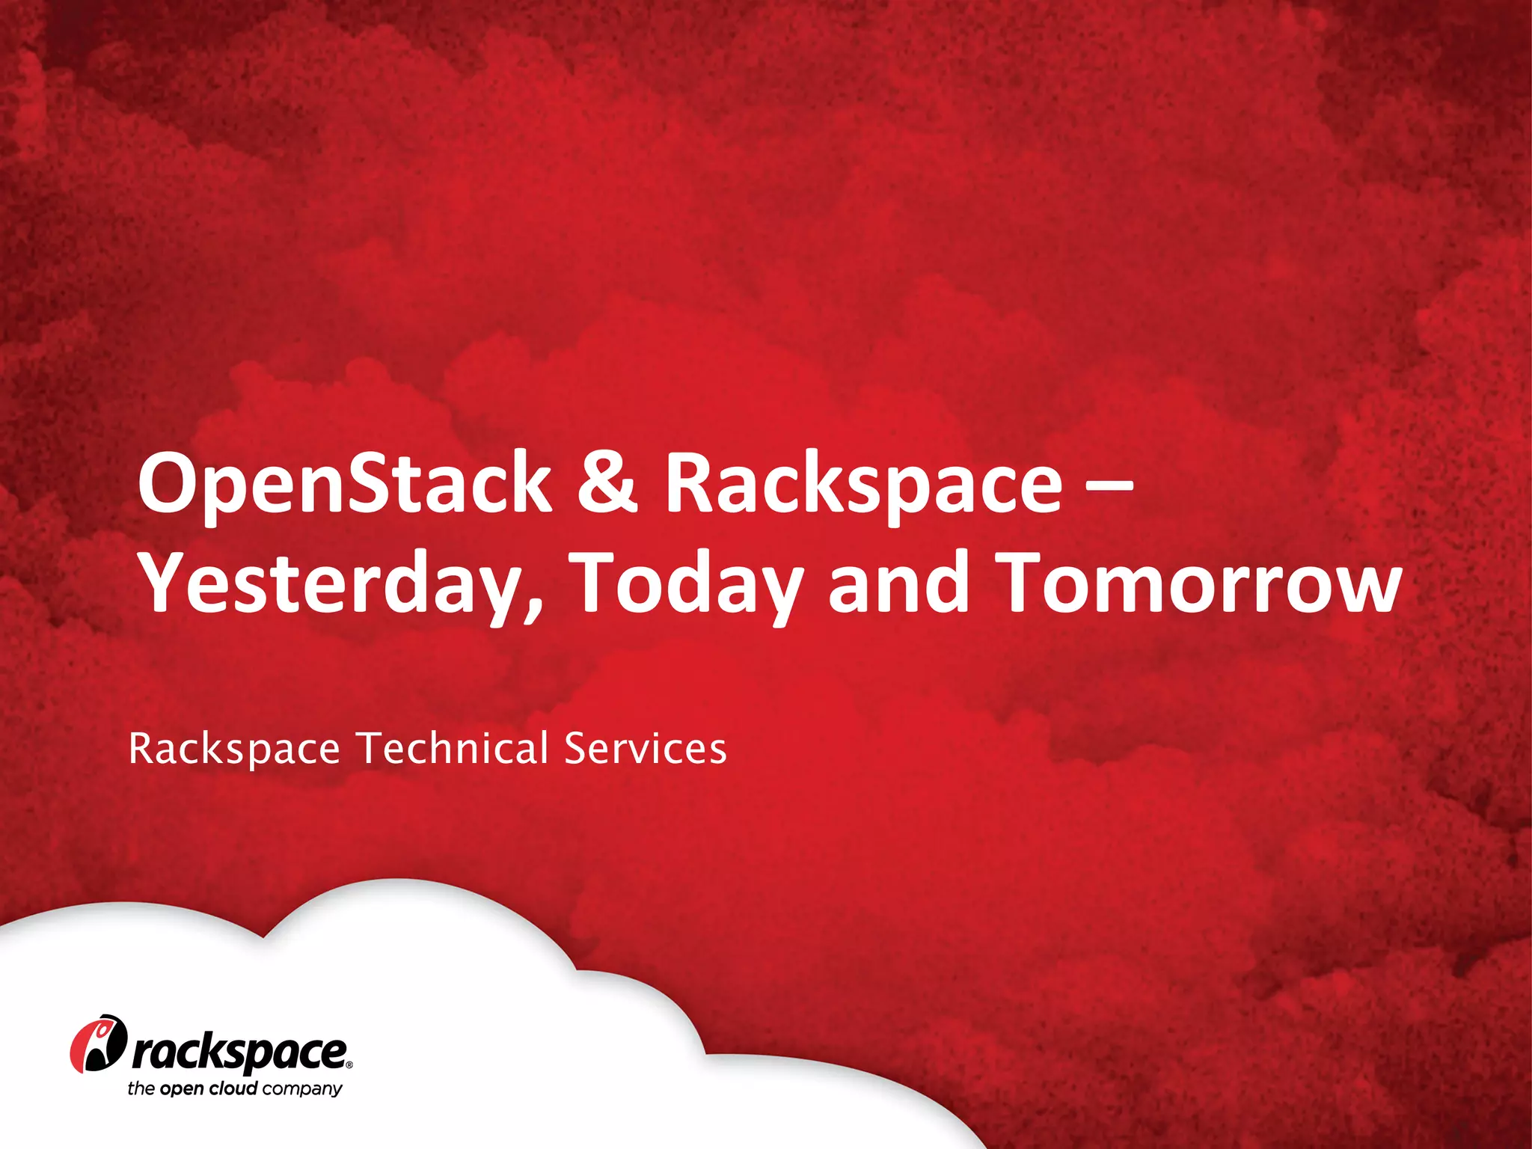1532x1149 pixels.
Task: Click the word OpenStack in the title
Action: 344,485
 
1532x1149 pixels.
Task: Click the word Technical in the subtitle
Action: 452,748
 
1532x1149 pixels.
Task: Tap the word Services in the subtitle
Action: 645,748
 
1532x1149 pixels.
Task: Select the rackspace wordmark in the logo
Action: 239,1054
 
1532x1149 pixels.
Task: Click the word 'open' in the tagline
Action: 181,1089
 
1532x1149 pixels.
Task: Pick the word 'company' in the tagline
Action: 302,1089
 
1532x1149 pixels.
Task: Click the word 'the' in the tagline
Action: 141,1088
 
